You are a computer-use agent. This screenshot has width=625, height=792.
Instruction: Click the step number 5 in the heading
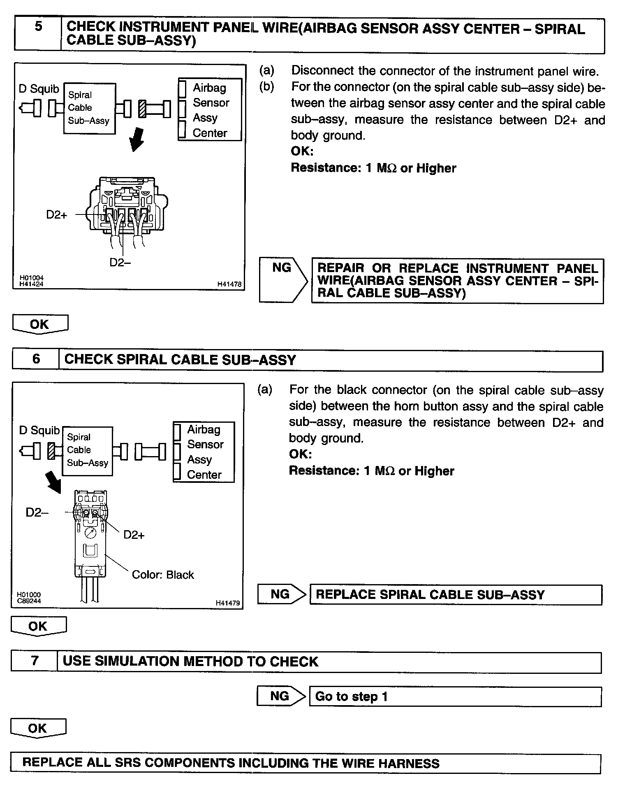pos(38,27)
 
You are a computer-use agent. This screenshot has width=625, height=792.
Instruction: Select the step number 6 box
pos(36,359)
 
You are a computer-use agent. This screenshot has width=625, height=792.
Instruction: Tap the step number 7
pos(35,661)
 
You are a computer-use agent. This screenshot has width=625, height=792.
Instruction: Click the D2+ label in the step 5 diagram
pos(56,214)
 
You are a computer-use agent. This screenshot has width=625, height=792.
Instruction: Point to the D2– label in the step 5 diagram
pos(120,262)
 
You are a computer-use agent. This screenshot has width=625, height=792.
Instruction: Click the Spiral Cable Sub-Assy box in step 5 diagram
pos(89,108)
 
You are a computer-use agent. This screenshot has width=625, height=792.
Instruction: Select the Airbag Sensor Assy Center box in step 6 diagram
pos(204,452)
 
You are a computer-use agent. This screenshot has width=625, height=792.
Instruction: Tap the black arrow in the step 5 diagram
pos(137,140)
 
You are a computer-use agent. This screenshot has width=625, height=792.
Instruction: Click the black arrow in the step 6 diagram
pos(53,481)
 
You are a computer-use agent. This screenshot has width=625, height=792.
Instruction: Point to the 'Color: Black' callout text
pos(162,575)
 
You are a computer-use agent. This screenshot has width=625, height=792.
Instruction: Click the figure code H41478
pos(229,284)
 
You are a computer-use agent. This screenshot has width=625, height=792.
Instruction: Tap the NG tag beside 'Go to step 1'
pos(280,696)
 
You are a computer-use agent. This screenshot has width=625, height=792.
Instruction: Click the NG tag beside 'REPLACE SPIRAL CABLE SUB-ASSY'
pos(280,594)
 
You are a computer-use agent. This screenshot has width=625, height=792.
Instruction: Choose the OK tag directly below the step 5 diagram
pos(40,324)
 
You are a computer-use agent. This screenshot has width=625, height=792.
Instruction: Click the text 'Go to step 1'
pos(351,696)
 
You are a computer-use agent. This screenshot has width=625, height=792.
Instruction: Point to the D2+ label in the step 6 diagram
pos(134,535)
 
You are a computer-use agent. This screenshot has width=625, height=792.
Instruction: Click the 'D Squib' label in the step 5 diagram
pos(39,89)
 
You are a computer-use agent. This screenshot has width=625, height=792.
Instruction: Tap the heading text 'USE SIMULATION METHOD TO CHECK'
pos(190,662)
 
